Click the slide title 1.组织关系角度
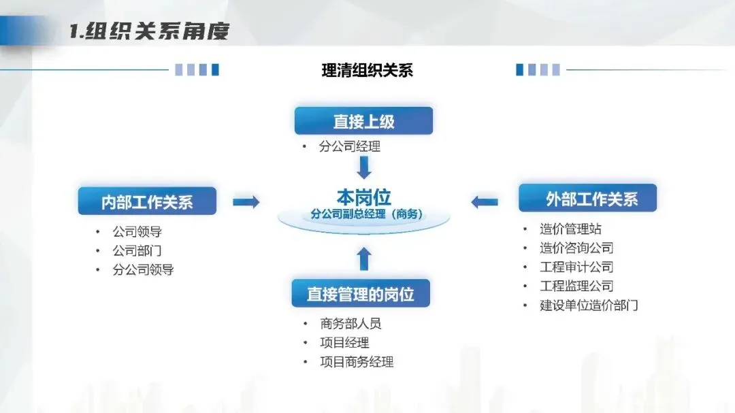coord(150,31)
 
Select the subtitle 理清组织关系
coord(367,70)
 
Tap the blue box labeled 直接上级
coord(363,121)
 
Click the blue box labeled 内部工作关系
coord(147,201)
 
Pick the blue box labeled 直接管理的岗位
coord(360,294)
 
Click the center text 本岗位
coord(363,197)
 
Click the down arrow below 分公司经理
coord(364,167)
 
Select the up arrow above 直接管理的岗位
coord(364,258)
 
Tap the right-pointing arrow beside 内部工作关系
coord(246,201)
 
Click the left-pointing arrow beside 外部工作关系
coord(484,201)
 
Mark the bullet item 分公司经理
coord(349,146)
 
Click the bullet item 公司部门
coord(137,250)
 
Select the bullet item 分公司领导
coord(143,269)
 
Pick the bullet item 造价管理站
coord(570,229)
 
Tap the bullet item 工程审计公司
coord(576,267)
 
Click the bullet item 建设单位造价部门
coord(589,305)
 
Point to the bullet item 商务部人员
coord(350,324)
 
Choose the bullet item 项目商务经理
coord(357,362)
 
